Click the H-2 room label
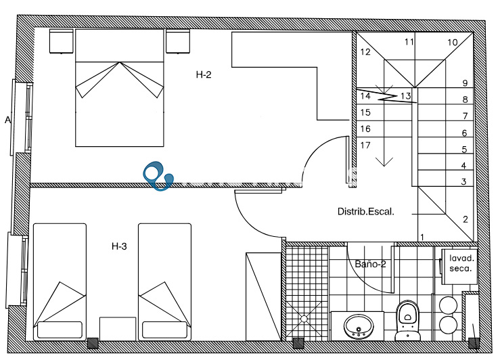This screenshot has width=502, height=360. [204, 75]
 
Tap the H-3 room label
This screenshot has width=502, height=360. [119, 246]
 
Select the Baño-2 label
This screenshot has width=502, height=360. [371, 264]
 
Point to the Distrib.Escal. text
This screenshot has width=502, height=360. [366, 212]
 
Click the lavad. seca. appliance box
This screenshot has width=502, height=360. [460, 267]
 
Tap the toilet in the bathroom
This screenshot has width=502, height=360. [407, 321]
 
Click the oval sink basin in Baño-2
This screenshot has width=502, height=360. [359, 326]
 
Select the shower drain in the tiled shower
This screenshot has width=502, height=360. [304, 318]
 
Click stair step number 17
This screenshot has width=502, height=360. [365, 145]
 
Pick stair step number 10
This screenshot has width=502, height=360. [453, 42]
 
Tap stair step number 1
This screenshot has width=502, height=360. [422, 238]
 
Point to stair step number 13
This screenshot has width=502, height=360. [406, 96]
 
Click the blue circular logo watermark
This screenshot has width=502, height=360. [158, 175]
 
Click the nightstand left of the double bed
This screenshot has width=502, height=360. [62, 41]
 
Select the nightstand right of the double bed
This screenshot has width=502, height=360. [178, 41]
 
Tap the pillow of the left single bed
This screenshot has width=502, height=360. [60, 330]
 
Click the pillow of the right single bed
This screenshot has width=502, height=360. [164, 330]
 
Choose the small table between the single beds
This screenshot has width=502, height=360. [118, 329]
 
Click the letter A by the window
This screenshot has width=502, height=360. [7, 120]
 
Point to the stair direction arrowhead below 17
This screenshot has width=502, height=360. [384, 162]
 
